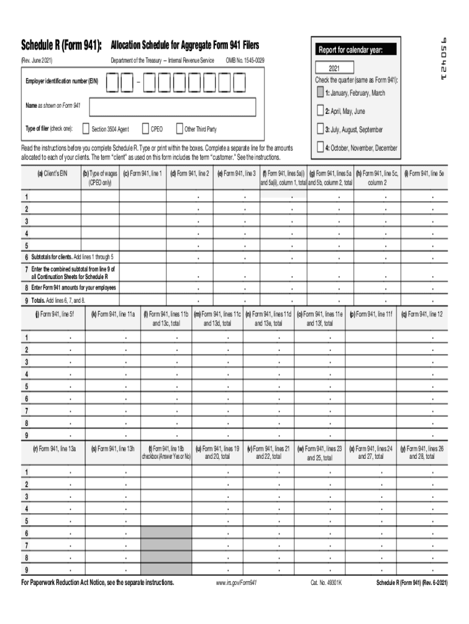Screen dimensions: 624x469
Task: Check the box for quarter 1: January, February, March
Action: pos(320,93)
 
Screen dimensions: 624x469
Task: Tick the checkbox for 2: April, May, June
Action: pos(320,111)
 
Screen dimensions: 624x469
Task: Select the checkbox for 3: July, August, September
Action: pos(320,129)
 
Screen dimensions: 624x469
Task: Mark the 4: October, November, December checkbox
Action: pos(320,147)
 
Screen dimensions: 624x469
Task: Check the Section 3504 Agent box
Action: pos(85,129)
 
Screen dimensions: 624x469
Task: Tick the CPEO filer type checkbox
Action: pos(145,129)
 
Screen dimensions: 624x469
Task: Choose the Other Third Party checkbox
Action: pos(179,129)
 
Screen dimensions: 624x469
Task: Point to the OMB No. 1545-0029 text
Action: pos(245,60)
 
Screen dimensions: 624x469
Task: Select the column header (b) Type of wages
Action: pos(100,177)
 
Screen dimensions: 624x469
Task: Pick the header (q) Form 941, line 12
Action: pos(425,314)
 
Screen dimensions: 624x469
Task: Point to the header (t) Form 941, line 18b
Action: pos(166,452)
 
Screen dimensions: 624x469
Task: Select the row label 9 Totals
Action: pos(55,300)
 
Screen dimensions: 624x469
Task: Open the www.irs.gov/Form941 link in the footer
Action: pos(236,583)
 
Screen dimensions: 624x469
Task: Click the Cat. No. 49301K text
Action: pos(326,583)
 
